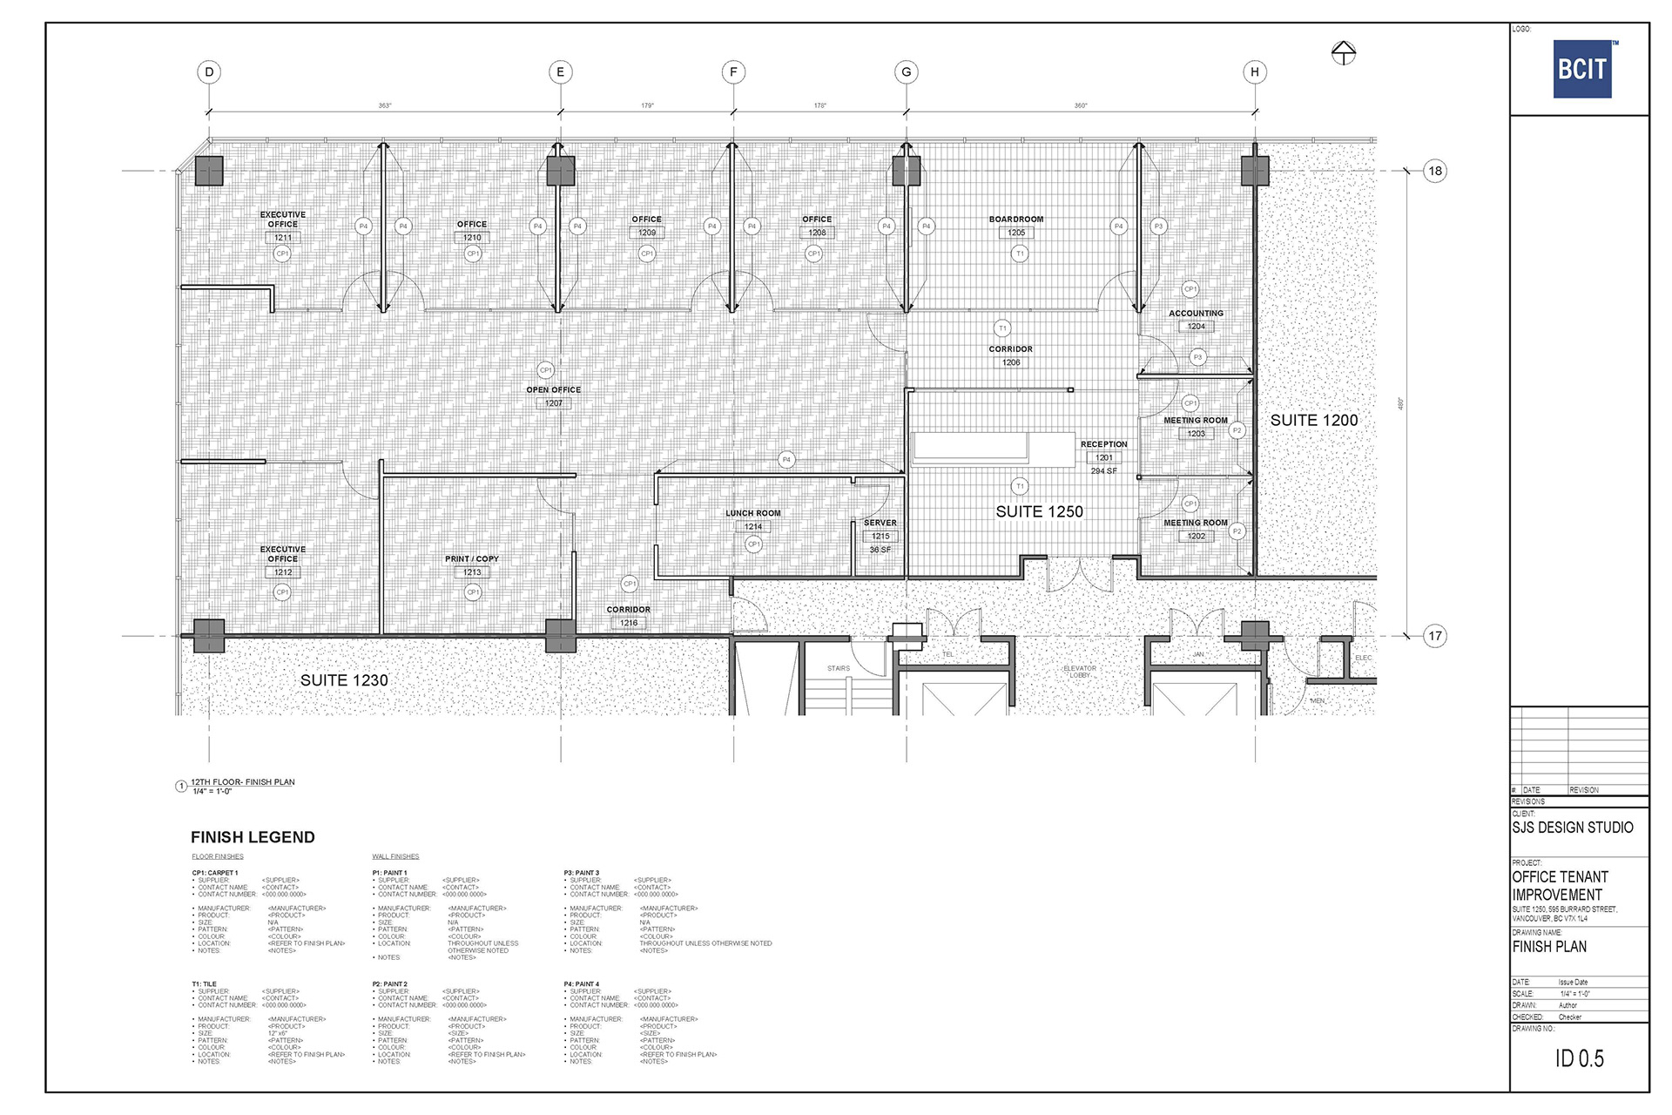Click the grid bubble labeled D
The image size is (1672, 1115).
click(x=209, y=72)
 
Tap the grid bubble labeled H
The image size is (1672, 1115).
click(x=1254, y=72)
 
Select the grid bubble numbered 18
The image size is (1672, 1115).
click(x=1434, y=171)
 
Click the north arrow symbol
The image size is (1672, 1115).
click(x=1343, y=53)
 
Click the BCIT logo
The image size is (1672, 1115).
click(x=1582, y=69)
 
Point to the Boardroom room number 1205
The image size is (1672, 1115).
click(x=1016, y=233)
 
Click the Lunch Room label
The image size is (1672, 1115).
click(x=752, y=513)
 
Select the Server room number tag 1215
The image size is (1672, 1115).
click(x=880, y=537)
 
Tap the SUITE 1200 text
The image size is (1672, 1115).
click(x=1313, y=420)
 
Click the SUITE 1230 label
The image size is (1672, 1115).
click(x=344, y=680)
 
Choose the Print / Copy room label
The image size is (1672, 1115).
click(x=471, y=558)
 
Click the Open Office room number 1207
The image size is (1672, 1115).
click(x=553, y=403)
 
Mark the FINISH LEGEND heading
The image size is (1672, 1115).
click(x=253, y=837)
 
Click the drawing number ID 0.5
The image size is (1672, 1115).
click(x=1579, y=1058)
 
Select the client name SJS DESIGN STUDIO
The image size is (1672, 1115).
click(x=1572, y=828)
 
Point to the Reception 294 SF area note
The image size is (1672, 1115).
click(x=1103, y=471)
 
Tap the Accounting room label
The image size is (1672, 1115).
click(x=1196, y=314)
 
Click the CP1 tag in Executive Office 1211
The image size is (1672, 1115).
click(x=282, y=253)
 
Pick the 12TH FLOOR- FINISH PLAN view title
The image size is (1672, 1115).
click(x=242, y=782)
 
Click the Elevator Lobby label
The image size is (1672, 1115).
click(x=1080, y=672)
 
